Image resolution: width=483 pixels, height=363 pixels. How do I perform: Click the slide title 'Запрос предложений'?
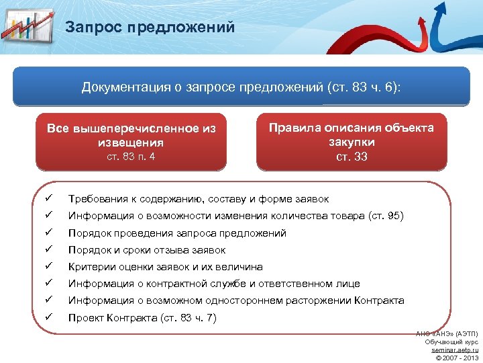coord(150,28)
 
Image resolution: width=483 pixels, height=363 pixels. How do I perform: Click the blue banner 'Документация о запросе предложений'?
coord(241,87)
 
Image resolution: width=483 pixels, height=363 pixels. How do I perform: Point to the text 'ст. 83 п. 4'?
coord(131,157)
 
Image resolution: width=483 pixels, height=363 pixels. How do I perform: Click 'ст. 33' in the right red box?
coord(352,157)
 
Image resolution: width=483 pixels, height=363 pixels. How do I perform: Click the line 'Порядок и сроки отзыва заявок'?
coord(147,250)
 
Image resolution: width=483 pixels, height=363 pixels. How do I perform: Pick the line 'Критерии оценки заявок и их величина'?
coord(165,267)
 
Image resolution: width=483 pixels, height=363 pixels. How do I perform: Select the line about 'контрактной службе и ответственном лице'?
coord(214,284)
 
